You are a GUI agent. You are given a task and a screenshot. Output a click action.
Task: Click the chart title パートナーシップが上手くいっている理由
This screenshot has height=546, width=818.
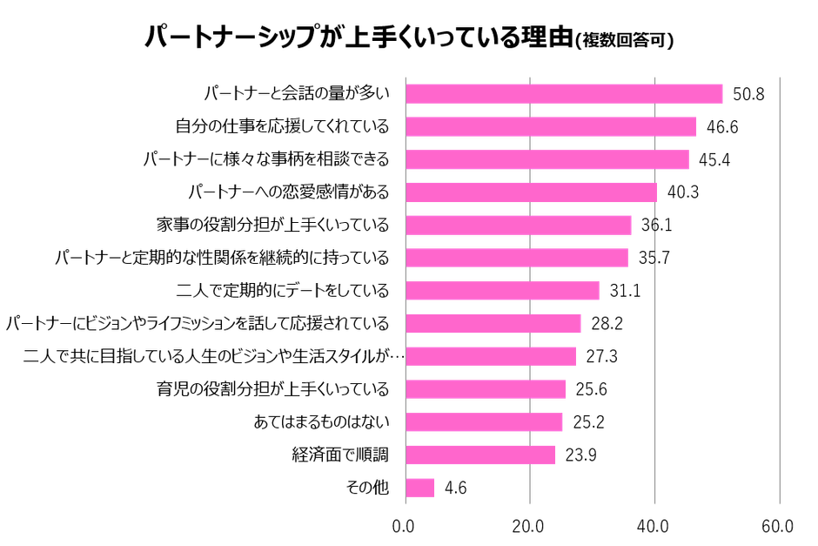click(357, 38)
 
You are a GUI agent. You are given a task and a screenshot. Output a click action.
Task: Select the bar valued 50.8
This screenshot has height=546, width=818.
click(565, 93)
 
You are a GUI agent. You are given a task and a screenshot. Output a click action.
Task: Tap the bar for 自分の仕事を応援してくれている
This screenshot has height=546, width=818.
click(551, 126)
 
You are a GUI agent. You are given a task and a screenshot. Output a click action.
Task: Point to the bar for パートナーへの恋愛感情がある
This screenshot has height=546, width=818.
click(532, 192)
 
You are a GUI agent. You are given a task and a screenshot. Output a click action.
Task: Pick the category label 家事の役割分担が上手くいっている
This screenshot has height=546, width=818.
click(272, 225)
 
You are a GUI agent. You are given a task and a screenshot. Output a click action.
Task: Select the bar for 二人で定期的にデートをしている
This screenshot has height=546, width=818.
click(503, 291)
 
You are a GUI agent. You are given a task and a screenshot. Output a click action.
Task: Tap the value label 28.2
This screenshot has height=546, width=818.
click(606, 324)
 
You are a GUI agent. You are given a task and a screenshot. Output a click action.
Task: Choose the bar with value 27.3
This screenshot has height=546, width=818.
click(491, 356)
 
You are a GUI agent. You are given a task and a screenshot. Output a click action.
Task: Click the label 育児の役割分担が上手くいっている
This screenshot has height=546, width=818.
click(272, 389)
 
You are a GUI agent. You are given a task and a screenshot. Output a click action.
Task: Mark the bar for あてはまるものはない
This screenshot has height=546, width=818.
click(485, 422)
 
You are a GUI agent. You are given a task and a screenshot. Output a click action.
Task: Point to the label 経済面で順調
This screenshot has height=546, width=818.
click(340, 455)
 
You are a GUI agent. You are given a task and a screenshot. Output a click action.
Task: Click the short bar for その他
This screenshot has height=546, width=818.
click(420, 488)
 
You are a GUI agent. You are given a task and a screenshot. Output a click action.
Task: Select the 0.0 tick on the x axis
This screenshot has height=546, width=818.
click(404, 526)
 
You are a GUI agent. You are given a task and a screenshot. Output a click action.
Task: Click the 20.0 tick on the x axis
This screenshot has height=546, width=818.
click(528, 526)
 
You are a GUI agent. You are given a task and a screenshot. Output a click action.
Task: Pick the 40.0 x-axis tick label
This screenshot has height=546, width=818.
click(653, 526)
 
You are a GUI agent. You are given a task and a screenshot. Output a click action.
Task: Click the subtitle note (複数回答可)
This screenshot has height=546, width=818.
click(627, 42)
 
